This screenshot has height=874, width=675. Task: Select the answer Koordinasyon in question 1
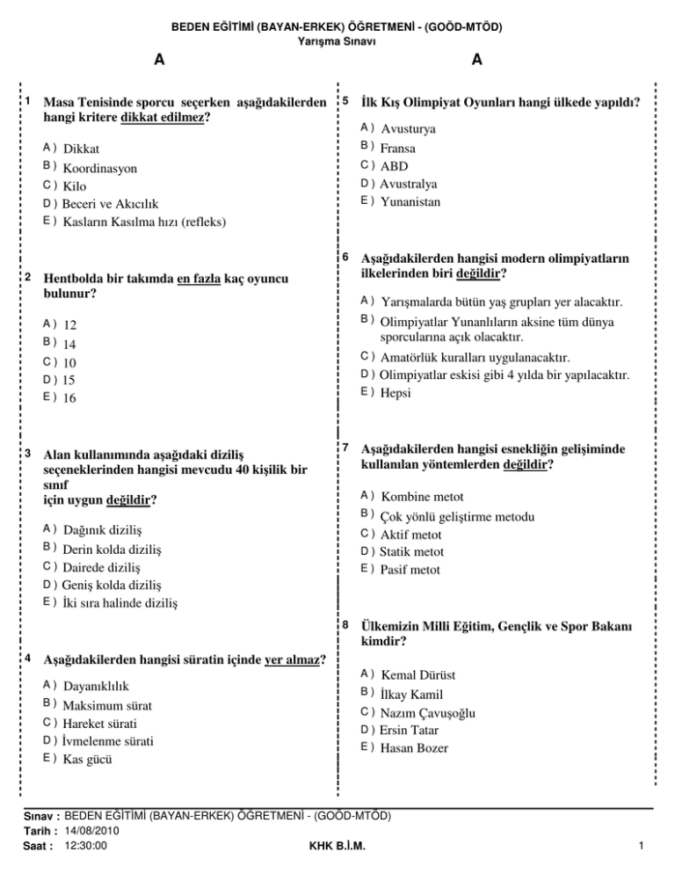click(98, 167)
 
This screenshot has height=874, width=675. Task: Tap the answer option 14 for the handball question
click(70, 344)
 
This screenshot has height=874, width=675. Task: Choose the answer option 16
click(70, 398)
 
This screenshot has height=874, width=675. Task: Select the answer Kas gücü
click(88, 759)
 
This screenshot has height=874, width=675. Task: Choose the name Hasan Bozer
click(415, 748)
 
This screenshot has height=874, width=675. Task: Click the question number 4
click(30, 657)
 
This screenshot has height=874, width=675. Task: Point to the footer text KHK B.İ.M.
click(338, 847)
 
